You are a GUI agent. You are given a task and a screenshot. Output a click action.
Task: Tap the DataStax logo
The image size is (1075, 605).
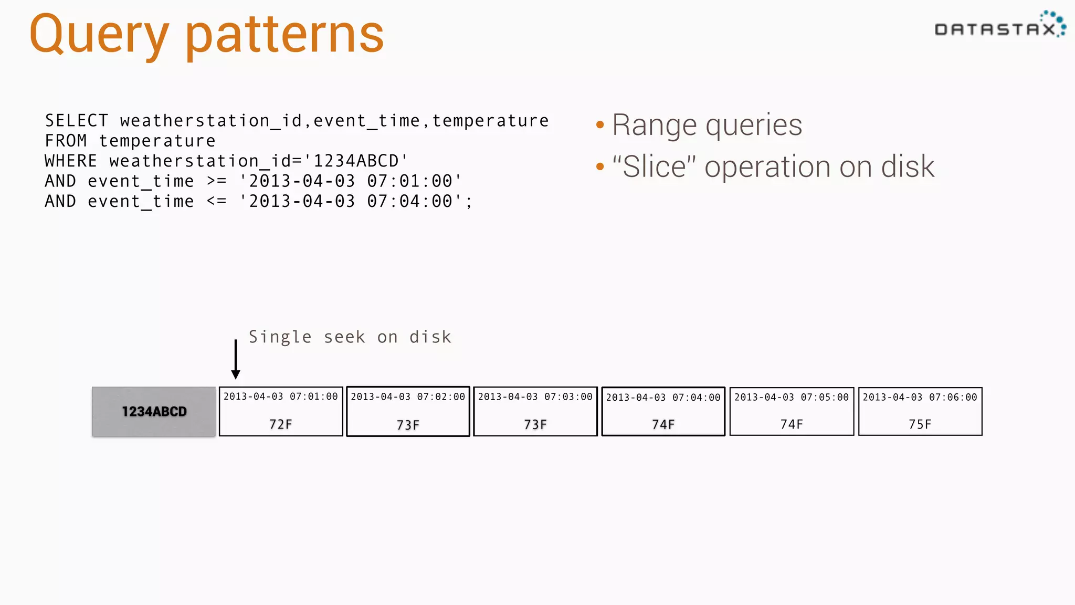pyautogui.click(x=999, y=26)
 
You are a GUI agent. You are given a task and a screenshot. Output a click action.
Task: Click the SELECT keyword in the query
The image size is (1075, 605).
pyautogui.click(x=77, y=121)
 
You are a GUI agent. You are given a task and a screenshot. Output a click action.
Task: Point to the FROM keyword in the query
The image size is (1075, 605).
pyautogui.click(x=66, y=141)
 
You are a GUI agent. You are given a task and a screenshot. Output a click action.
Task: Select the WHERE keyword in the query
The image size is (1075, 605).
pyautogui.click(x=71, y=161)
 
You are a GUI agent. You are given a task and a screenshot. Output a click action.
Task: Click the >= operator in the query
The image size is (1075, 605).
pyautogui.click(x=216, y=181)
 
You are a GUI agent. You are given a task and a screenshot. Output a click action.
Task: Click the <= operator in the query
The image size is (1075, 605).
pyautogui.click(x=216, y=201)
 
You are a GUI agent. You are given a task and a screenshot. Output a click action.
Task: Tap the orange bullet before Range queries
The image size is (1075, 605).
pyautogui.click(x=600, y=125)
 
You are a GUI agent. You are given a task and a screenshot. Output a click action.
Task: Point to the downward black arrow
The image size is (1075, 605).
pyautogui.click(x=236, y=360)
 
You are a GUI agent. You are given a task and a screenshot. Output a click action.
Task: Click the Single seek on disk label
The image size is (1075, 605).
pyautogui.click(x=350, y=337)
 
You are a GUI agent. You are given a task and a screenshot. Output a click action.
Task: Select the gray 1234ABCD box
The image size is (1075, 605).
pyautogui.click(x=154, y=412)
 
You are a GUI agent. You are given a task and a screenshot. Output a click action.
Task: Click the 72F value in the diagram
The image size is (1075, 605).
pyautogui.click(x=281, y=424)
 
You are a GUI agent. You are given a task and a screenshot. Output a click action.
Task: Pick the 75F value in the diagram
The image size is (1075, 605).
pyautogui.click(x=920, y=424)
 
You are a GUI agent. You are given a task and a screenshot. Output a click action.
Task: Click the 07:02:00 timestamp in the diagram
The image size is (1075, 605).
pyautogui.click(x=441, y=397)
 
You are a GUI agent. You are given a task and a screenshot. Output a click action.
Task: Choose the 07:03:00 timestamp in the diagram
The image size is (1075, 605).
pyautogui.click(x=568, y=397)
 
